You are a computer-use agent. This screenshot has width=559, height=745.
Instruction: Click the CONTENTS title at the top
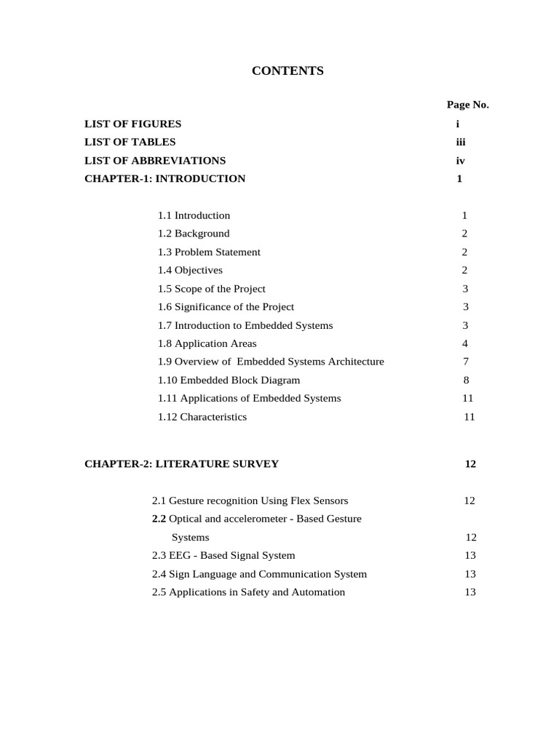point(288,71)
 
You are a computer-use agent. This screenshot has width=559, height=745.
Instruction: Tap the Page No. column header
point(468,105)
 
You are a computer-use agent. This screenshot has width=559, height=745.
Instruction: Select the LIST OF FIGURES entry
point(132,124)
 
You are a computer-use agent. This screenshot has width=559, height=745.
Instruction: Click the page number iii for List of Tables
point(460,142)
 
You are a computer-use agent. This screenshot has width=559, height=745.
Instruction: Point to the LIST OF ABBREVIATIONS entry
point(155,160)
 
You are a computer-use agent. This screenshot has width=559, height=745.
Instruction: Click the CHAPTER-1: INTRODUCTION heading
point(164,178)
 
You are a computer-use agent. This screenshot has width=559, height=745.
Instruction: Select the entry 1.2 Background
point(194,234)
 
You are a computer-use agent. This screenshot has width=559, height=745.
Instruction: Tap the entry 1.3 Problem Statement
point(209,252)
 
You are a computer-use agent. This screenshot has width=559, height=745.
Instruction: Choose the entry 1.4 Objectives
point(190,270)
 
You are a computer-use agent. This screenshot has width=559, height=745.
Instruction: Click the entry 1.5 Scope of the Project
point(212,289)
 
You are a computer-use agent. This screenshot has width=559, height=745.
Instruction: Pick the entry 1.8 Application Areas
point(207,343)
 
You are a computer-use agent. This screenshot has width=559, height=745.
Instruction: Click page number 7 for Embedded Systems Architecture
point(466,362)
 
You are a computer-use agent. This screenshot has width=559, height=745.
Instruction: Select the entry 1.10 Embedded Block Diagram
point(229,380)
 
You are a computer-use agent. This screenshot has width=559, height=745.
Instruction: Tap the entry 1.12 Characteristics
point(202,417)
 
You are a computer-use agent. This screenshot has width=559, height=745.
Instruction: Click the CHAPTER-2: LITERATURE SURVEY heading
point(181,463)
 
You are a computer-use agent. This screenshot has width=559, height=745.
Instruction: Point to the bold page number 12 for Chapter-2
point(470,463)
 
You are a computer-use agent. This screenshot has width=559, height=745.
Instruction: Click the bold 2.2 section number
point(159,519)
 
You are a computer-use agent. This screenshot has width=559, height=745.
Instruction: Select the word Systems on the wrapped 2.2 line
point(190,538)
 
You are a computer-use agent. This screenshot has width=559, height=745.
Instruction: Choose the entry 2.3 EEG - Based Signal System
point(223,555)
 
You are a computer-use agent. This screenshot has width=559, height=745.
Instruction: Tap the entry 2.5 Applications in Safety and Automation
point(248,592)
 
